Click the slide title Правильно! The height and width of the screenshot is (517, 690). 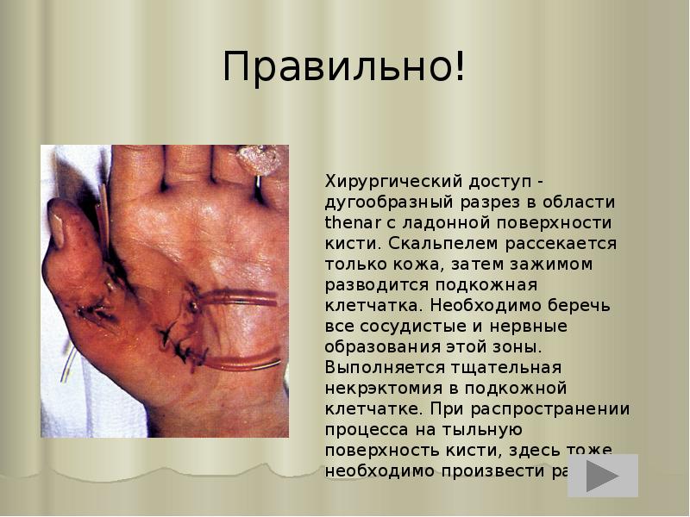click(x=344, y=68)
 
